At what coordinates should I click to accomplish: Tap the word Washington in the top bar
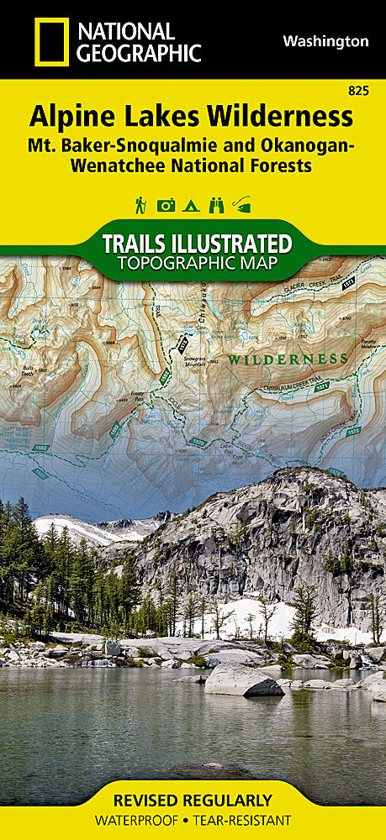click(x=325, y=41)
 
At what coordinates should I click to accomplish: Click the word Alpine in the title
click(x=71, y=115)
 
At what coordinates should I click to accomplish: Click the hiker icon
click(x=140, y=204)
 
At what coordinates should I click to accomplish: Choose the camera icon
click(x=166, y=205)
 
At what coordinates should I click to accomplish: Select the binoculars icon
click(x=216, y=205)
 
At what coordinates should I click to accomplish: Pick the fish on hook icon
click(x=242, y=205)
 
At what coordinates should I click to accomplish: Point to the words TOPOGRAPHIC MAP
click(x=193, y=264)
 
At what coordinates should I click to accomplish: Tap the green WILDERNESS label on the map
click(x=288, y=359)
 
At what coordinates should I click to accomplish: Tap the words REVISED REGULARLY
click(x=193, y=801)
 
